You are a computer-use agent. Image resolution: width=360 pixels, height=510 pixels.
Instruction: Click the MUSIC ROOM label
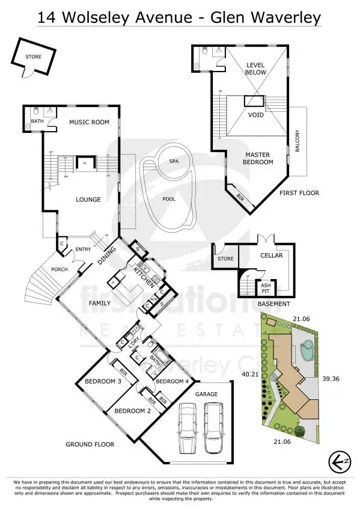tap(89, 123)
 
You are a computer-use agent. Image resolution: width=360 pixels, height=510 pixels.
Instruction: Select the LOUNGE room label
tap(88, 200)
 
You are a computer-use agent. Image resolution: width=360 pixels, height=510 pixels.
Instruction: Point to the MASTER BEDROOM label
tap(258, 158)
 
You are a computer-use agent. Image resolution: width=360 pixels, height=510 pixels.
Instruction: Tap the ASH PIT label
tap(264, 287)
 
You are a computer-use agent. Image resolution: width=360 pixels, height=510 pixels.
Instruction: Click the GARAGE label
tap(206, 394)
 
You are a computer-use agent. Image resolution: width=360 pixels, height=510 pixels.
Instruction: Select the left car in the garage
tap(187, 428)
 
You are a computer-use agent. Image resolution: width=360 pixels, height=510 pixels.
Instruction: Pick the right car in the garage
tap(213, 428)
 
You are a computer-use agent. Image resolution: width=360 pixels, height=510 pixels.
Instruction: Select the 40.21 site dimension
tap(250, 374)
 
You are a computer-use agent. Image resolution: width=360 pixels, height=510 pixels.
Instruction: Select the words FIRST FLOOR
tap(299, 193)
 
